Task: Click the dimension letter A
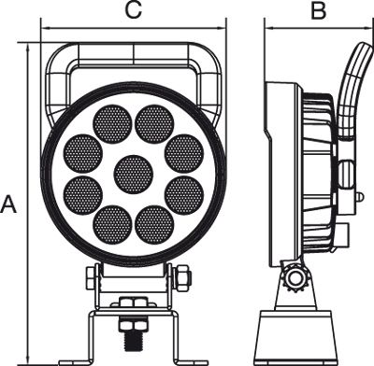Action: [8, 204]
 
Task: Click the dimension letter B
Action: [319, 10]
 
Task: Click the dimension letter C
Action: [134, 10]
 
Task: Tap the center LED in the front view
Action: [134, 174]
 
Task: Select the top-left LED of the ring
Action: [112, 124]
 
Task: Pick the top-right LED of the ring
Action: [154, 124]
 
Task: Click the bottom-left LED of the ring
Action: [112, 224]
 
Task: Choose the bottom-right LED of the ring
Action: [154, 224]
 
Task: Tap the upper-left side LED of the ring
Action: [83, 153]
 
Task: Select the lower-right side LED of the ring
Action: [184, 195]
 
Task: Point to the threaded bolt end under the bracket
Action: [134, 343]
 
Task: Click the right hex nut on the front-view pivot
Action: [182, 277]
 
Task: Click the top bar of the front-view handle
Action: [134, 54]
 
